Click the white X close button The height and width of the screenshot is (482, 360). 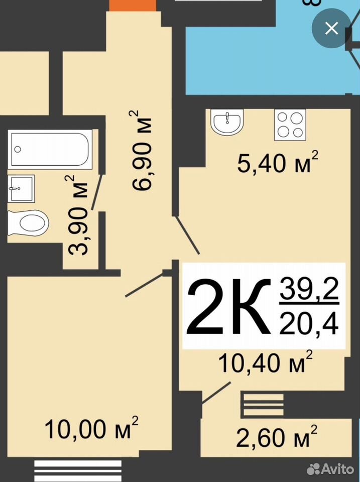tap(331, 28)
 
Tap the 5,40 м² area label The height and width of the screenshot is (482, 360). tap(278, 162)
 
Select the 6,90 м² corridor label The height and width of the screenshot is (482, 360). tap(140, 150)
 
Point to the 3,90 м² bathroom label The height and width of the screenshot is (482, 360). tap(78, 215)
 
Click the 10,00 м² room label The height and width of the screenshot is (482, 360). tap(91, 428)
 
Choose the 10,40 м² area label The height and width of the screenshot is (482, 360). tap(265, 362)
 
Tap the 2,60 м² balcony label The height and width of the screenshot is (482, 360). tap(277, 436)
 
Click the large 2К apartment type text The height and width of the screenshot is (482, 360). tap(229, 306)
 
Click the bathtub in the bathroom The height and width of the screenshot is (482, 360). tap(50, 149)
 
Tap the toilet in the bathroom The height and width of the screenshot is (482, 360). tap(28, 222)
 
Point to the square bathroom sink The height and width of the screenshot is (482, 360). tap(21, 188)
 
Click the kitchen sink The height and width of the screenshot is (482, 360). tap(227, 122)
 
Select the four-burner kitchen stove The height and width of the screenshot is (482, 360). tap(290, 125)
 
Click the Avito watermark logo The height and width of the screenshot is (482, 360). tap(330, 469)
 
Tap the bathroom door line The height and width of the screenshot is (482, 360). tap(97, 192)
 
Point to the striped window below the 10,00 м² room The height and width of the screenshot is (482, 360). tap(78, 470)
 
